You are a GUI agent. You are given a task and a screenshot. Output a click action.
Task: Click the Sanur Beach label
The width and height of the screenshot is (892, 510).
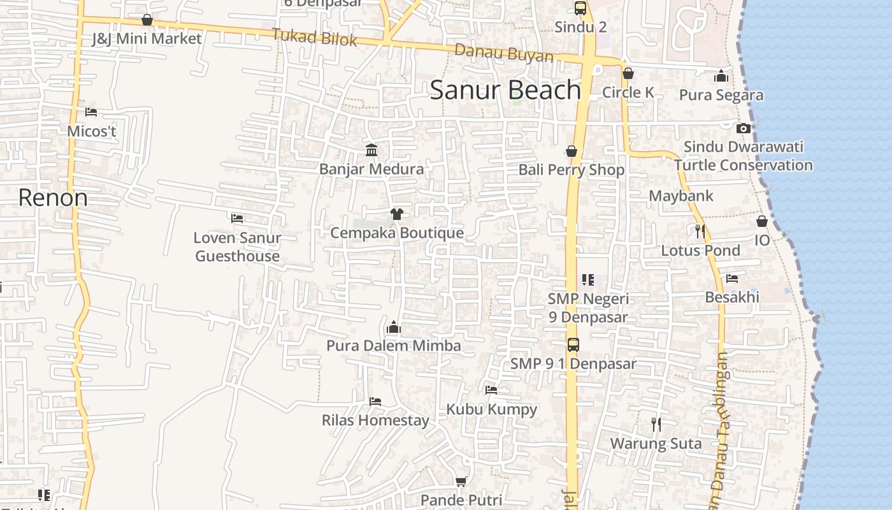coord(505,91)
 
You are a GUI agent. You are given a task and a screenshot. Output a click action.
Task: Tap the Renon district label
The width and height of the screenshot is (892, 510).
coord(53,198)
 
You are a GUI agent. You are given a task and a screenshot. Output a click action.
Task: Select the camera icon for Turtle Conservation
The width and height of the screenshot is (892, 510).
coord(743,128)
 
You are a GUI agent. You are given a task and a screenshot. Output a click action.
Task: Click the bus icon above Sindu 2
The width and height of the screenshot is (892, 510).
coord(580,8)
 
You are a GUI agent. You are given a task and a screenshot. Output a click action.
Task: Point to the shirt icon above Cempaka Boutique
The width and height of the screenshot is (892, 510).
coord(396,214)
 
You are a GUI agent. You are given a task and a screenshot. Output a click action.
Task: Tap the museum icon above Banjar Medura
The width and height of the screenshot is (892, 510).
coord(371,150)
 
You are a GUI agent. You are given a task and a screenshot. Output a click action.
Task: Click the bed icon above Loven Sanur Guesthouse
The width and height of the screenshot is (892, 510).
coord(237,218)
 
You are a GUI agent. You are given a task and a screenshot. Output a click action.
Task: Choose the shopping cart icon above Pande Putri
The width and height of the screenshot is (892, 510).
coord(461,481)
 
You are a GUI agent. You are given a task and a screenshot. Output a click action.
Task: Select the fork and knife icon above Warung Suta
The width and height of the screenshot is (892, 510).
coord(656,424)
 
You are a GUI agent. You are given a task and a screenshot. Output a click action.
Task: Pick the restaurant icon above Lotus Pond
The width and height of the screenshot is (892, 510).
coord(700,231)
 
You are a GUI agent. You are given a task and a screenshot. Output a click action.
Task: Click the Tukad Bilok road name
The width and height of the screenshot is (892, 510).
coord(315,37)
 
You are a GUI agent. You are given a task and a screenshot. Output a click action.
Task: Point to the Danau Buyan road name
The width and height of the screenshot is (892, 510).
coord(504,54)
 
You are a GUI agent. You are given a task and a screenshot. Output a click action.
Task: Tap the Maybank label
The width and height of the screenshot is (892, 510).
coord(681,196)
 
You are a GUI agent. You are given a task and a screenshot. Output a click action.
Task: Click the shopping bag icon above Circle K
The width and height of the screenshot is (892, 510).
coord(628,73)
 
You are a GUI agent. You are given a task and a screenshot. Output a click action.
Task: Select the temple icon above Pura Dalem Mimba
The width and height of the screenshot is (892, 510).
coord(393,328)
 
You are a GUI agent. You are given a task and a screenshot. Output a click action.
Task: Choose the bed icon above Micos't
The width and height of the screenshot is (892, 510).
coord(91,112)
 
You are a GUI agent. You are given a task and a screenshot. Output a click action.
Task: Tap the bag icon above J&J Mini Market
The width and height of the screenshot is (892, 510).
coord(147,20)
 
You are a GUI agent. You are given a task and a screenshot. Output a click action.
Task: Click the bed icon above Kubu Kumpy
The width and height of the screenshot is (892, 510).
coord(491,390)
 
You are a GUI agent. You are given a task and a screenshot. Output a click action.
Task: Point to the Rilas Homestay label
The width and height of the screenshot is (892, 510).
coord(375,420)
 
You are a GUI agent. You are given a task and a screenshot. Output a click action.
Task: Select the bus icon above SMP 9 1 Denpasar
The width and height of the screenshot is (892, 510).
coord(573,345)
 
